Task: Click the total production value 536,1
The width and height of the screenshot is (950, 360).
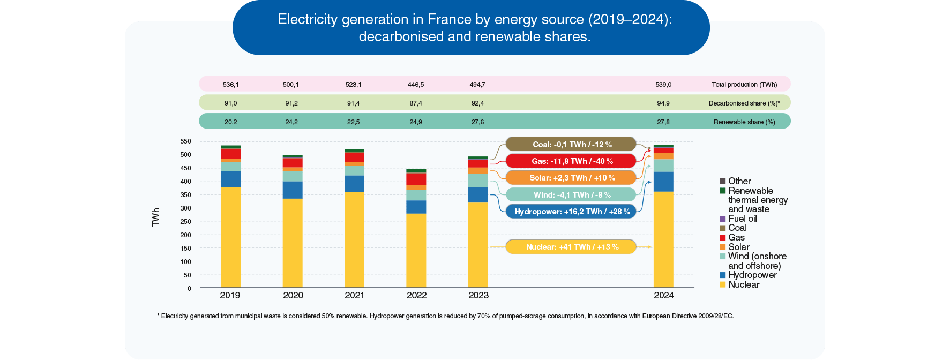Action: (231, 85)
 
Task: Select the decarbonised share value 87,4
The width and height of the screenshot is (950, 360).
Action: (416, 103)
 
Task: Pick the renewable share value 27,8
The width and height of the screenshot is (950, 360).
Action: (663, 122)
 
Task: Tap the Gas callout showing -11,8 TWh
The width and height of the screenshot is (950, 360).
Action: (571, 161)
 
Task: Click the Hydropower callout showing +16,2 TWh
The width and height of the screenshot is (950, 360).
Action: (571, 212)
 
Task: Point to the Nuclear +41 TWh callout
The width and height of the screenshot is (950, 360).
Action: (571, 247)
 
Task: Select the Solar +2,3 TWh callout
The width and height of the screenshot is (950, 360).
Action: (571, 178)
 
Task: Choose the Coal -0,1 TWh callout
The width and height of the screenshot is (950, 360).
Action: (571, 145)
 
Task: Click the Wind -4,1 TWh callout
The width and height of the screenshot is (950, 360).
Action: (571, 195)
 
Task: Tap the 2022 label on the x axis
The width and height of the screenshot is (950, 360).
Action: (416, 295)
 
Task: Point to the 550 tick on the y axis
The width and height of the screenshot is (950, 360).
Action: (185, 141)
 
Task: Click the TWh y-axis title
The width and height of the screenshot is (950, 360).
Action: (156, 217)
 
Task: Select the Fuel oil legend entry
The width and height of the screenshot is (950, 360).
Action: (742, 219)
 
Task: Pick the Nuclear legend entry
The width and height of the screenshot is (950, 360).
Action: (743, 284)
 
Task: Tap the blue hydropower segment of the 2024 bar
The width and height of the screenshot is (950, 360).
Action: (663, 182)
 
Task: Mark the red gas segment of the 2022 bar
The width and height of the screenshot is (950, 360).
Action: (416, 179)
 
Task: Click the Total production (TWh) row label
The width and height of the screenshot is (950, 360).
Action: (744, 85)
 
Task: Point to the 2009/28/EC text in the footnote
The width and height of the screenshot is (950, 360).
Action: (716, 316)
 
